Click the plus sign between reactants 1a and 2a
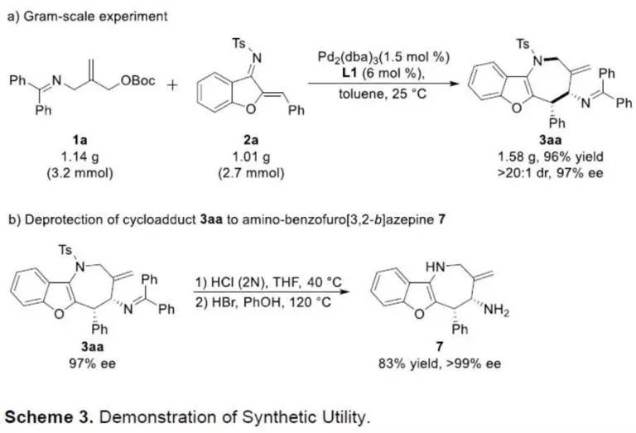coord(172,85)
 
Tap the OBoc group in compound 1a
coord(138,80)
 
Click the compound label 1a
coord(79,140)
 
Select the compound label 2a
coord(251,140)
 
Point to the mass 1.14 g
coord(79,156)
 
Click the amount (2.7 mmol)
coord(251,173)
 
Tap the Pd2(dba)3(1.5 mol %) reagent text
coord(383,58)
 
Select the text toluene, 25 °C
coord(383,94)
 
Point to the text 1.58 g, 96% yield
coord(551,157)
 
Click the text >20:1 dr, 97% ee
coord(551,173)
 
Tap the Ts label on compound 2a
coord(238,42)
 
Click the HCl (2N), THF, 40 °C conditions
coord(268,282)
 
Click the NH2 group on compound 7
coord(496,310)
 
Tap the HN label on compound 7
coord(436,267)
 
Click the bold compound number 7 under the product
coord(440,347)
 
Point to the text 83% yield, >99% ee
coord(440,363)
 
